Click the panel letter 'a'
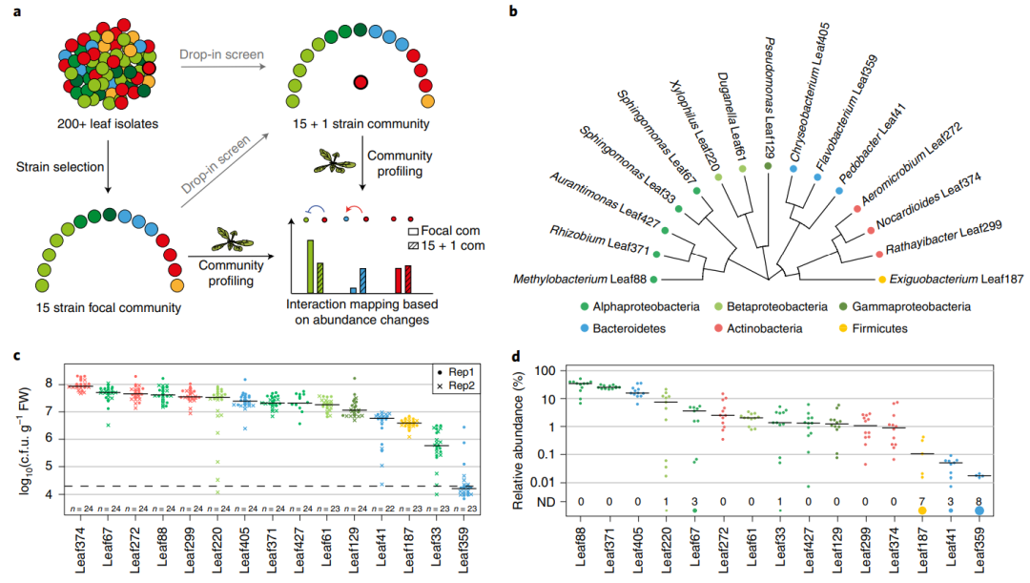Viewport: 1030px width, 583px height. (x=14, y=11)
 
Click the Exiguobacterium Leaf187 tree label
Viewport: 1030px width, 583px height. (x=955, y=279)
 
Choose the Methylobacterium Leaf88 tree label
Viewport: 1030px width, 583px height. (x=578, y=279)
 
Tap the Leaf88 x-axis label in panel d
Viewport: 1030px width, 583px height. (x=580, y=550)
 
